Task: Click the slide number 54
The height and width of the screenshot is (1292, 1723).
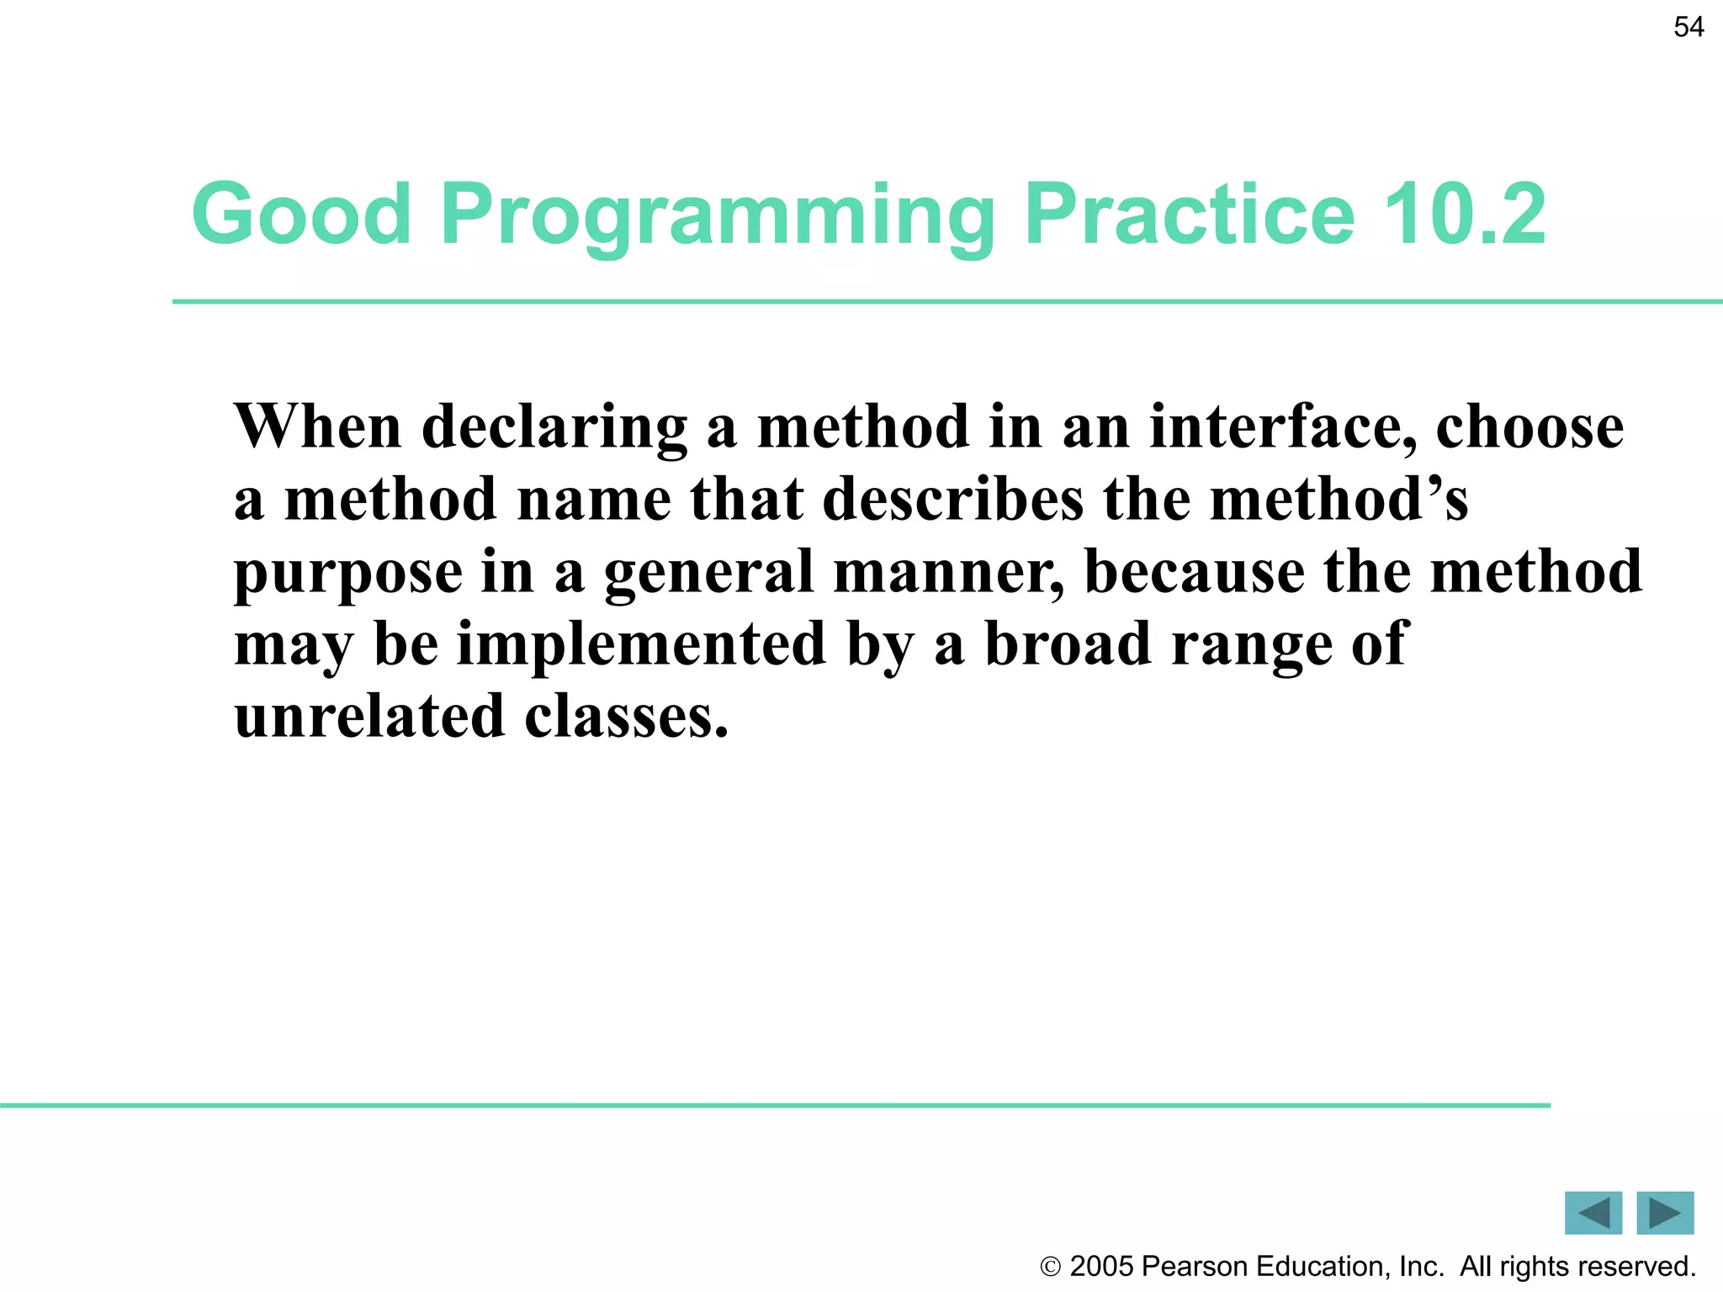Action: tap(1689, 27)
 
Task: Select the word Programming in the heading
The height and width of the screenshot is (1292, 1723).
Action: tap(718, 217)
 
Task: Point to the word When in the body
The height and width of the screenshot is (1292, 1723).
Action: tap(318, 426)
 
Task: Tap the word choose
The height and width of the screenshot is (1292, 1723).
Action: tap(1529, 426)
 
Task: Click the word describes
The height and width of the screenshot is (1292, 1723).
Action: tap(952, 499)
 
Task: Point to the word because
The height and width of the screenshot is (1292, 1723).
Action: tap(1195, 572)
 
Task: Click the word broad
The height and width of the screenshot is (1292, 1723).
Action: tap(1067, 643)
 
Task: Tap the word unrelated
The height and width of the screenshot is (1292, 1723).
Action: tap(369, 717)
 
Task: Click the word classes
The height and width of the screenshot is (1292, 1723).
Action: tap(626, 717)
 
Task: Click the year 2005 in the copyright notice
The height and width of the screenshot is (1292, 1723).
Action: tap(1101, 1266)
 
